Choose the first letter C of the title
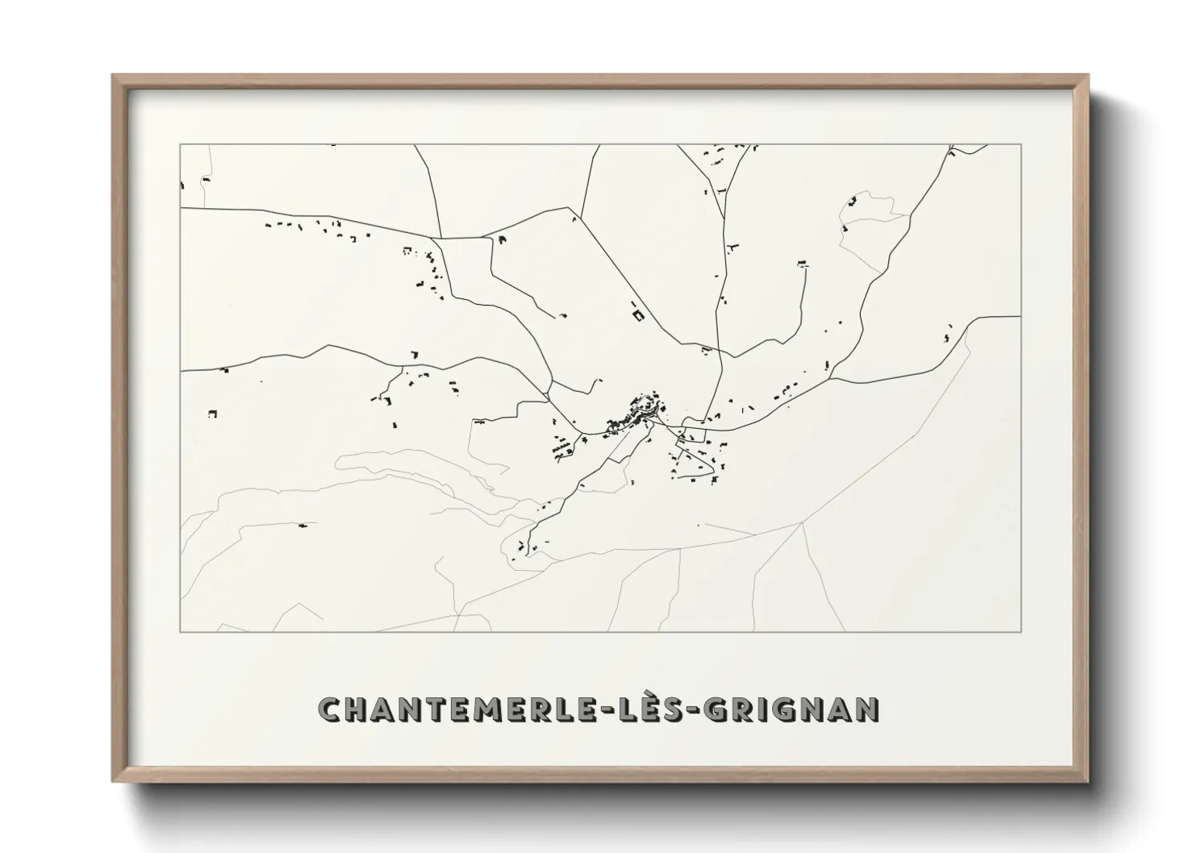331,709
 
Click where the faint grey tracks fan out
802,523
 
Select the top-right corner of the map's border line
1021,144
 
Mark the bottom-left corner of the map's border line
181,631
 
